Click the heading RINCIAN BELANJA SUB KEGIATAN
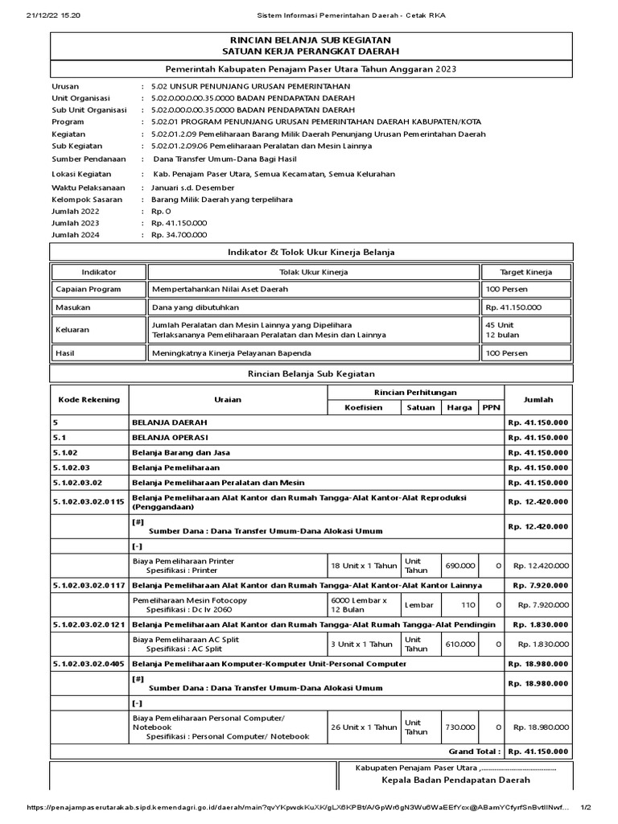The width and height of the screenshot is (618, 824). (311, 39)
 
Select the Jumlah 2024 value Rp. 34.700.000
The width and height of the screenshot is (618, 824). (179, 235)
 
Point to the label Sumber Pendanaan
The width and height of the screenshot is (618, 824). (89, 159)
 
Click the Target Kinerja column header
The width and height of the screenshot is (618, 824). (526, 273)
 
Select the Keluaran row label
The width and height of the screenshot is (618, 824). (73, 329)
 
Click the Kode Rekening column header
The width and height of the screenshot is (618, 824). (89, 399)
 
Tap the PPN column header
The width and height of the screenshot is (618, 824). (490, 407)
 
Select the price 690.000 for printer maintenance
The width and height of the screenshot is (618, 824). (460, 565)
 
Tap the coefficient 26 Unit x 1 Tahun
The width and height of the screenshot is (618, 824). (363, 727)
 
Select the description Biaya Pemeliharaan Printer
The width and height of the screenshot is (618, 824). (183, 560)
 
